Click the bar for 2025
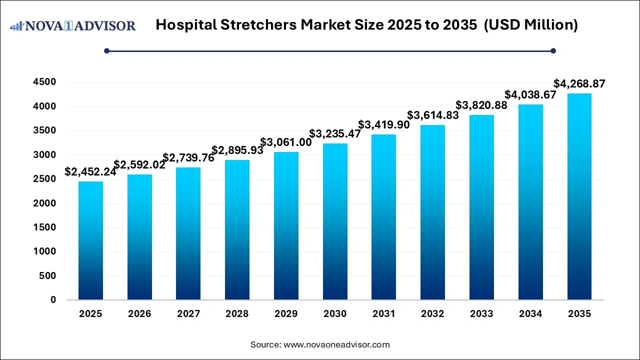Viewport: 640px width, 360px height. click(x=90, y=240)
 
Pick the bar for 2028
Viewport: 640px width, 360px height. click(x=237, y=230)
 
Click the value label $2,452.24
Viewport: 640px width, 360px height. click(x=90, y=172)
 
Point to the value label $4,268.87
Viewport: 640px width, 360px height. click(x=579, y=84)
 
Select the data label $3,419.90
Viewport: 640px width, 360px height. click(x=384, y=125)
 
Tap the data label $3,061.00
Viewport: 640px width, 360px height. click(x=286, y=142)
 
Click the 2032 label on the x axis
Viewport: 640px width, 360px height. click(x=432, y=314)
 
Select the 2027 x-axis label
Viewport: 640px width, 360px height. click(x=188, y=314)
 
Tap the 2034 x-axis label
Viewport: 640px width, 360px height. click(x=530, y=314)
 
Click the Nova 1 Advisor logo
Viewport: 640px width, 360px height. click(x=73, y=25)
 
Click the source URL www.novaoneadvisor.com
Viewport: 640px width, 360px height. click(x=336, y=344)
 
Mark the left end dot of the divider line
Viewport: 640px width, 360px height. click(x=106, y=50)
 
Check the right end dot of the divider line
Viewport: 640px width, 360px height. click(x=553, y=50)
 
